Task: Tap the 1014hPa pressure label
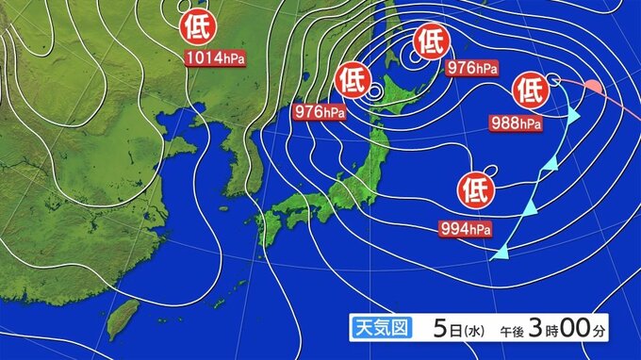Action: [215, 58]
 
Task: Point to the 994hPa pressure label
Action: [465, 228]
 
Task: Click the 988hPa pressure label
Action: [516, 123]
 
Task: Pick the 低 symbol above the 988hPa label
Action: [528, 90]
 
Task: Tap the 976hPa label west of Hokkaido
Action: [319, 111]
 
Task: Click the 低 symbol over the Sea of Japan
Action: [351, 76]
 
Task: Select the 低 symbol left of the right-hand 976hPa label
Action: [429, 41]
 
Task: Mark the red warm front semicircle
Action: [594, 88]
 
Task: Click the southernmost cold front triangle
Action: [502, 252]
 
